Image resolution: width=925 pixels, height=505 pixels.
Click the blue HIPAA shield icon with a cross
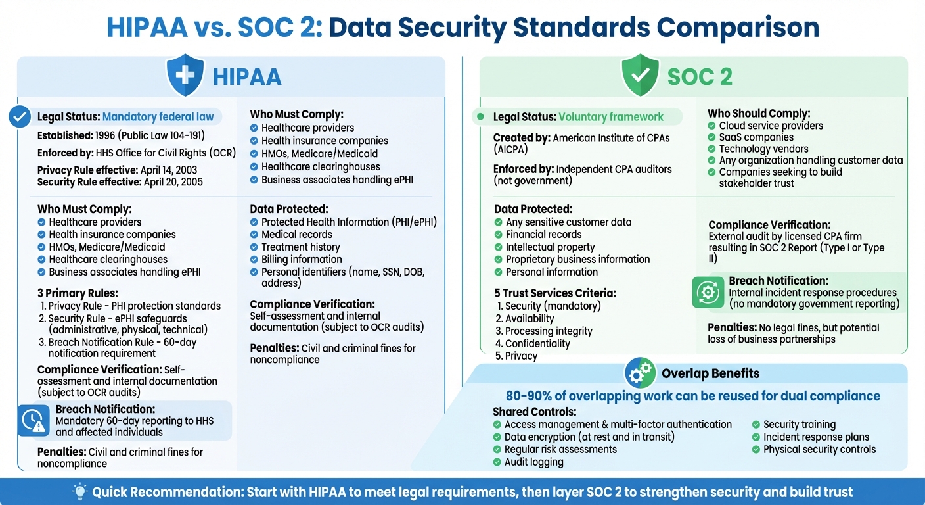coord(185,76)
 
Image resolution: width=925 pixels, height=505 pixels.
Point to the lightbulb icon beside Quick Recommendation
coord(79,491)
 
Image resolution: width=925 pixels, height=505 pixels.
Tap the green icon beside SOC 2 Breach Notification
coord(708,293)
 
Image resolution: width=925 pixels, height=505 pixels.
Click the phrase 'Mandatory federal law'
coord(158,117)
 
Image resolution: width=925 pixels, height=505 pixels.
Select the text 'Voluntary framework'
coord(611,117)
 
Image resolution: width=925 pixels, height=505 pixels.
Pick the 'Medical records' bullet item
coord(296,235)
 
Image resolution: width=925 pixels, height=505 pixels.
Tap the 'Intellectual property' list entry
coord(550,247)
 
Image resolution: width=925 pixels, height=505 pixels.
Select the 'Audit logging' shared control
coord(533,462)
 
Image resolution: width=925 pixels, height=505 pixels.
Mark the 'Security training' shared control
coord(799,425)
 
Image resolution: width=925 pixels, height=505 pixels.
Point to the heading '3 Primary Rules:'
coord(78,293)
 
